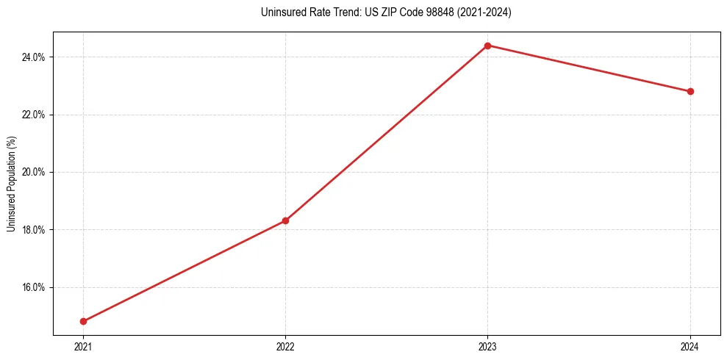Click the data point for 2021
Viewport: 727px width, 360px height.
(83, 321)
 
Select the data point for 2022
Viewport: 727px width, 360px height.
(285, 220)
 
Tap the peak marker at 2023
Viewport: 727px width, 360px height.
(487, 46)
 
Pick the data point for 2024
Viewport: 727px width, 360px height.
(690, 91)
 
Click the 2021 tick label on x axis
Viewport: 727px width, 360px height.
(83, 346)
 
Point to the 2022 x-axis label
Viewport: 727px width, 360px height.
(285, 346)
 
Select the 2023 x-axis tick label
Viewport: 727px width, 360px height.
(487, 346)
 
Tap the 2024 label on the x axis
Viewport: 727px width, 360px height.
(690, 346)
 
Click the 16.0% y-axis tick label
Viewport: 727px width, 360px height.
(35, 287)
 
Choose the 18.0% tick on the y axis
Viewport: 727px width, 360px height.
(35, 230)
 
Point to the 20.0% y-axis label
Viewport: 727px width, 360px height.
(35, 172)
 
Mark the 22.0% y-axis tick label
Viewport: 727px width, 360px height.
(35, 115)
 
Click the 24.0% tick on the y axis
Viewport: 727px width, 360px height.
(35, 57)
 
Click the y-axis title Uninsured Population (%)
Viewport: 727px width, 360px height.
(11, 184)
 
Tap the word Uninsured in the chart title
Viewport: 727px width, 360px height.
(281, 12)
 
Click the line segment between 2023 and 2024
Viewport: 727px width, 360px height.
(589, 68)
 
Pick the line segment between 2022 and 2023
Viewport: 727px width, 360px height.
(387, 133)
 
